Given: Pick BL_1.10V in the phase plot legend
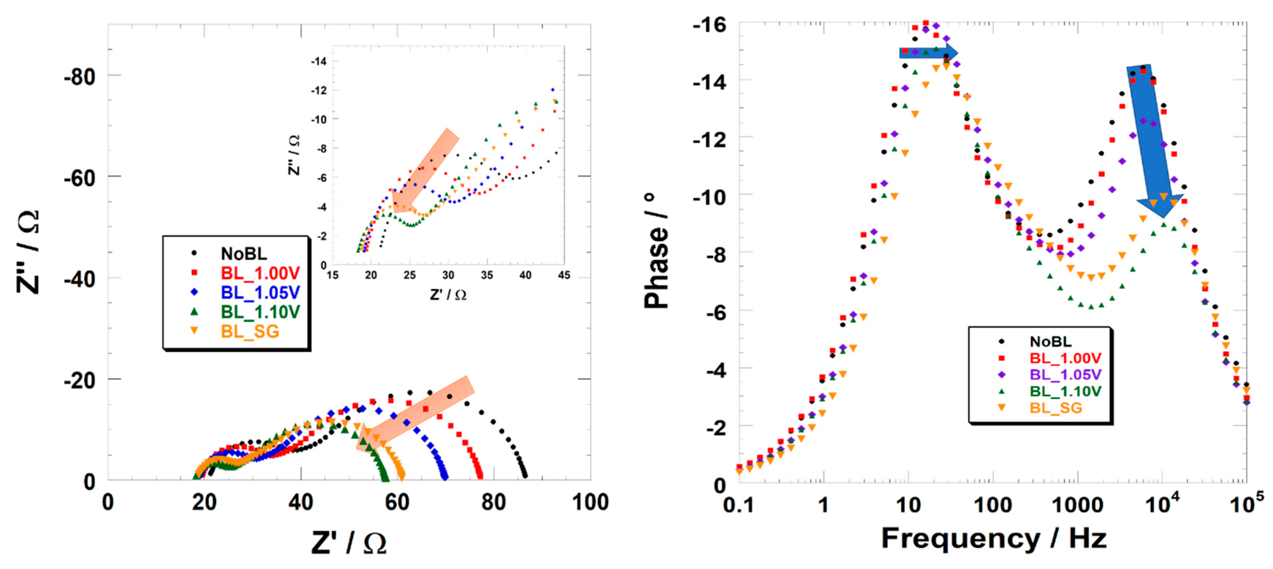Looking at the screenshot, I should click(1065, 391).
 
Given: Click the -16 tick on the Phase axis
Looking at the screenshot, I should click(710, 24).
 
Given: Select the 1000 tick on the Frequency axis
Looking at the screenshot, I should click(1077, 505).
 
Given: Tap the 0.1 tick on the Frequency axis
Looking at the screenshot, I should click(738, 505).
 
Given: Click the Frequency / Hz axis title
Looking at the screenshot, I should click(993, 538).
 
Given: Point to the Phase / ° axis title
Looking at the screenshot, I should click(656, 252).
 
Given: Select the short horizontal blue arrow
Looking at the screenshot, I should click(928, 53).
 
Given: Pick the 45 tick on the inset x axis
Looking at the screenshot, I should click(564, 275).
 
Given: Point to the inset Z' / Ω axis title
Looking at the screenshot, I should click(448, 295).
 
